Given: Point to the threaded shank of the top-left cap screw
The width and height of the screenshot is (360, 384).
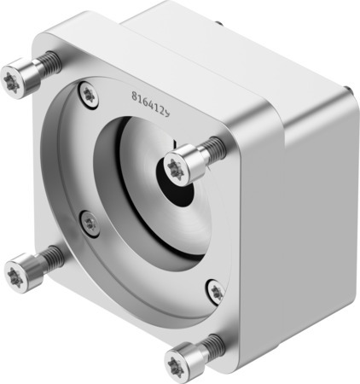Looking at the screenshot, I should [49, 61].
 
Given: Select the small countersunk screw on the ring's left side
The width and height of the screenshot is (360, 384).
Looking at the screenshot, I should [90, 224].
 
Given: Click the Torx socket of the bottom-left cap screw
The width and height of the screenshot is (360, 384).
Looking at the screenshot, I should [15, 276].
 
